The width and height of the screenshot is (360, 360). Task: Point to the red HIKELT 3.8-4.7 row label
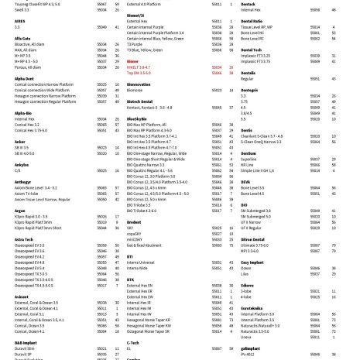(139, 67)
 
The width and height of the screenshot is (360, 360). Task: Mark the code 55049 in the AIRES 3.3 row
(101, 26)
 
